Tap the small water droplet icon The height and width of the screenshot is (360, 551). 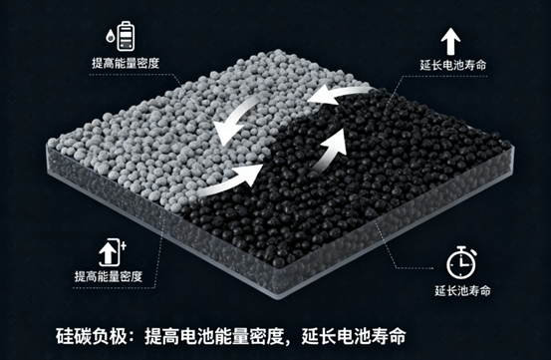pos(110,39)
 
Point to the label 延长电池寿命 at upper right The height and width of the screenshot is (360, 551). pos(449,67)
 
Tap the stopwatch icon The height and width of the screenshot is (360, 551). pos(458,263)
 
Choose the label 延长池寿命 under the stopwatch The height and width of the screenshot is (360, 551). pos(459,291)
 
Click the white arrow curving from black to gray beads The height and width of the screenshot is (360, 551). pos(337,95)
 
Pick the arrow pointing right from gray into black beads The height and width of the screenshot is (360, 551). pos(226,181)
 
